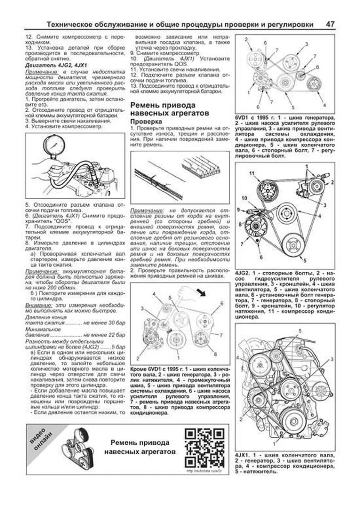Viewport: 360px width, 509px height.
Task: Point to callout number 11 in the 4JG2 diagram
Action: pyautogui.click(x=252, y=173)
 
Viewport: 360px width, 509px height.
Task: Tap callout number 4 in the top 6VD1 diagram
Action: pyautogui.click(x=324, y=105)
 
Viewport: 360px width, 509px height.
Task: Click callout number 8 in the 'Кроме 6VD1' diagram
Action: pyautogui.click(x=215, y=354)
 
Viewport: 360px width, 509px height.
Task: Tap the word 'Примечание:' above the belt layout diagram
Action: pyautogui.click(x=147, y=211)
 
